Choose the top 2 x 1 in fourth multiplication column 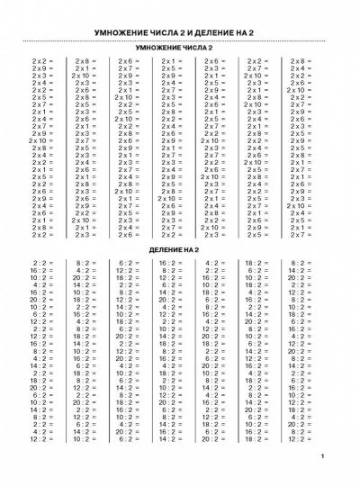[x=168, y=61]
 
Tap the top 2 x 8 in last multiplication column [x=297, y=61]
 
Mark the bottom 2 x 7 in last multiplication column [x=297, y=234]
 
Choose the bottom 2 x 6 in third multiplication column [x=125, y=234]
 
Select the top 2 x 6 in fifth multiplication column [x=211, y=61]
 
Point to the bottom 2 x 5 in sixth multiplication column [x=255, y=234]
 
